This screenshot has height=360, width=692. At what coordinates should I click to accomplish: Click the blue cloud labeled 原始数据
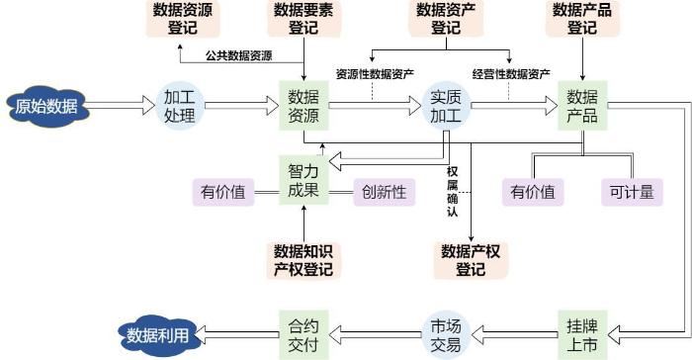47,106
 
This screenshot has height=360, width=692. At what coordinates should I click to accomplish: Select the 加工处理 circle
180,106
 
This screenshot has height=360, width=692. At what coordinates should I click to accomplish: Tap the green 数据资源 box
303,106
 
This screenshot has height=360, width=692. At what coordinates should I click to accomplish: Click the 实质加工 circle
446,106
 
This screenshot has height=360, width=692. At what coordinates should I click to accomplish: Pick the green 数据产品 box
582,106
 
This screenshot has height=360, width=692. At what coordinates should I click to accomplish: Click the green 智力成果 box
303,180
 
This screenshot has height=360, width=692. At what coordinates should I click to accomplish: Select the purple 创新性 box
384,192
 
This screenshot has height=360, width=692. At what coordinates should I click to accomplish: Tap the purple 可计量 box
632,192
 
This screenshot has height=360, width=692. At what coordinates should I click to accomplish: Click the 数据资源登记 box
183,19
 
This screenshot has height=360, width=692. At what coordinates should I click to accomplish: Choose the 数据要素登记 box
303,19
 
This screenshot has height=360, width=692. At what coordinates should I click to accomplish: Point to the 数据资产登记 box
446,19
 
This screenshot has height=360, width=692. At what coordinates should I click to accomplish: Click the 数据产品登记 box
582,19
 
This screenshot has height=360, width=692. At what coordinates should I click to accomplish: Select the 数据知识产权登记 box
303,261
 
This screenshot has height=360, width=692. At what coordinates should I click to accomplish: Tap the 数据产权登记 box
471,261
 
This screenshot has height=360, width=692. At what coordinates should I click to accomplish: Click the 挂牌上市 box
582,335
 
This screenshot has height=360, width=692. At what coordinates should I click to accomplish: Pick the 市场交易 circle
446,335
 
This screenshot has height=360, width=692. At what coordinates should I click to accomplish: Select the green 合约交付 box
303,335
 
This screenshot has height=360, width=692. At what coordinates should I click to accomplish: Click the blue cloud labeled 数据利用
158,335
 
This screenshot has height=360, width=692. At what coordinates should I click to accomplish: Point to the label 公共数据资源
239,55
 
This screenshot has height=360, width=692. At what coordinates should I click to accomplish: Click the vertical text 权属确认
453,192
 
